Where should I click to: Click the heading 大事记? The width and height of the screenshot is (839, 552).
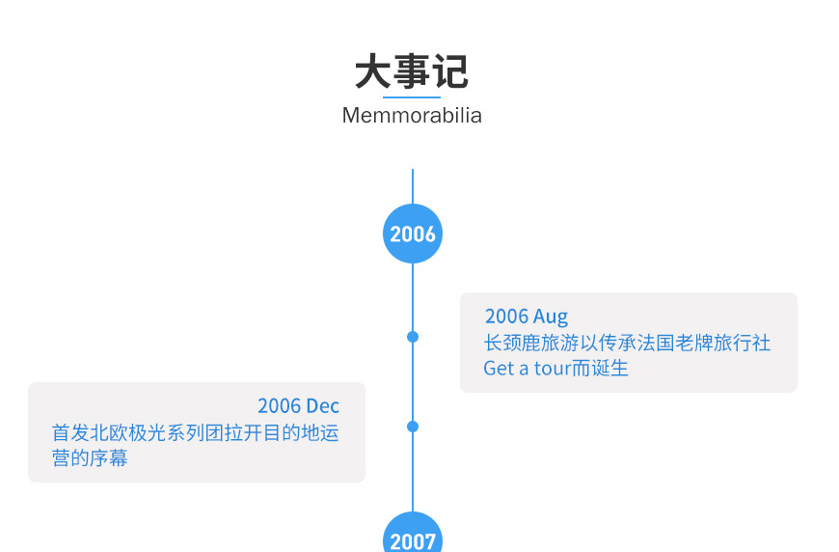pos(412,71)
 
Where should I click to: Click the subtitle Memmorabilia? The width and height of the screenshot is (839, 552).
pos(412,116)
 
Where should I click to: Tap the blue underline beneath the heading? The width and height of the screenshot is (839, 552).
pos(412,97)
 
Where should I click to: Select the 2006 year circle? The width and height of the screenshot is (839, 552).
pos(413,234)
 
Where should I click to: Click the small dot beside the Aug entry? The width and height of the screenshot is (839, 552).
pos(413,337)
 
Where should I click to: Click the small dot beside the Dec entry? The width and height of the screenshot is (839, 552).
pos(413,427)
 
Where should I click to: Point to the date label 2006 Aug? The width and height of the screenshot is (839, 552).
pos(527,317)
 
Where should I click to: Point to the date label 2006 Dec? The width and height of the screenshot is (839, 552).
pos(298,406)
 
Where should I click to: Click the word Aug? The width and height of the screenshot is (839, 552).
pos(551,317)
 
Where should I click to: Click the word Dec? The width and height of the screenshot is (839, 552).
pos(323,406)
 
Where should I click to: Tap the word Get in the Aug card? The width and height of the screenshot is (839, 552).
pos(499,368)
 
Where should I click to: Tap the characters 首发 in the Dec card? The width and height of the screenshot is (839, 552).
pos(70,432)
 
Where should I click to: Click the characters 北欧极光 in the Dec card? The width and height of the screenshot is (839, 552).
pos(128,432)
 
